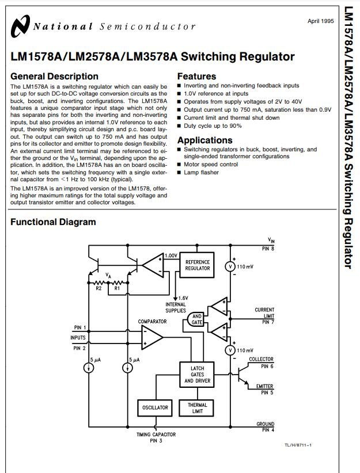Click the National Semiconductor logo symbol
(20, 26)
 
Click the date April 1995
(321, 21)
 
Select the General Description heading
(54, 77)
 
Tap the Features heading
(196, 77)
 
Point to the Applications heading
(204, 140)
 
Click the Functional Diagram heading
(53, 222)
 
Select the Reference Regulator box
(197, 265)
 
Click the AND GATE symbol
(195, 319)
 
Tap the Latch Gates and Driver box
(197, 375)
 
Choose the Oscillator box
(155, 408)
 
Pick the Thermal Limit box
(197, 408)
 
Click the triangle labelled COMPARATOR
(152, 337)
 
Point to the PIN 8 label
(268, 249)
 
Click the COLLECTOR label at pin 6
(261, 359)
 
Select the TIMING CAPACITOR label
(156, 434)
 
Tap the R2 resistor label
(98, 288)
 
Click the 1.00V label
(171, 255)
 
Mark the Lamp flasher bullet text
(201, 173)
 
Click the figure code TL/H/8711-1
(298, 445)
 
